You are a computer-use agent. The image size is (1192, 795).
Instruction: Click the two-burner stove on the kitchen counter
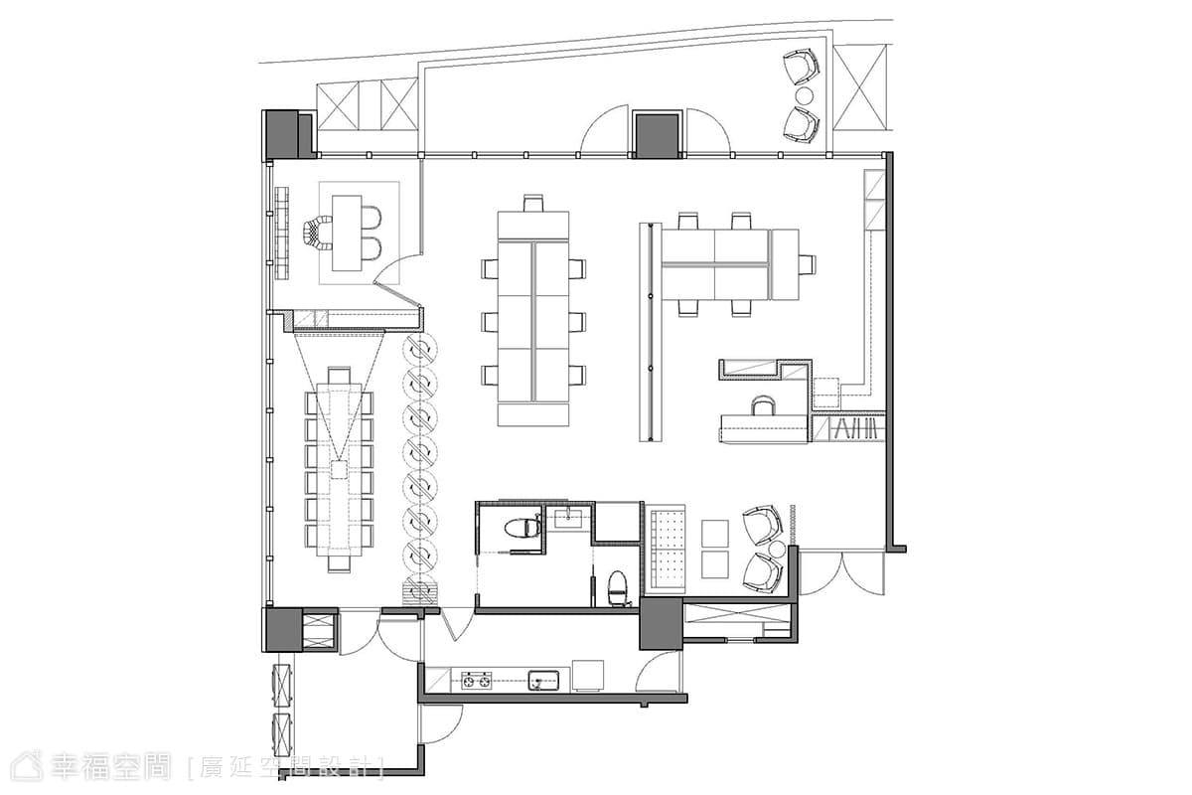(476, 681)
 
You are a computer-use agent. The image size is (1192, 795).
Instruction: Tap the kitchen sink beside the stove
(543, 681)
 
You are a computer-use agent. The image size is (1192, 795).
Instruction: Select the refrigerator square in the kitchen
(588, 676)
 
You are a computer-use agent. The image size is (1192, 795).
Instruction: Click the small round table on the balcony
(804, 95)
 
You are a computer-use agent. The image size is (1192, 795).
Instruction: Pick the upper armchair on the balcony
(801, 67)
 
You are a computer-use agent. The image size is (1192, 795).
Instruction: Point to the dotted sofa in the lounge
(666, 549)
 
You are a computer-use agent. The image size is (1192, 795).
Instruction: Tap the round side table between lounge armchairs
(778, 550)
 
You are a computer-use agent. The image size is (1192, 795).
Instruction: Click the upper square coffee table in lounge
(714, 533)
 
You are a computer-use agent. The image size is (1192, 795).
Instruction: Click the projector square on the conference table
(339, 469)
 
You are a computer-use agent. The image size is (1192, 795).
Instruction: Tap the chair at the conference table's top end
(339, 375)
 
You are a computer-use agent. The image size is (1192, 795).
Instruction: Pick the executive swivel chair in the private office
(317, 233)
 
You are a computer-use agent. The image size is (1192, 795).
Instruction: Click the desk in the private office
(347, 233)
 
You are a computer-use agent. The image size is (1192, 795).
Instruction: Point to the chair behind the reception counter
(763, 405)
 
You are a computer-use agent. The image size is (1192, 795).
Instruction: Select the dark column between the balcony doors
(658, 135)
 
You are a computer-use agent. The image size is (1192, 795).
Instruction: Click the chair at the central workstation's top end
(533, 203)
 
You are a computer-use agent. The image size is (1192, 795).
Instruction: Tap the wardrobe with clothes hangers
(848, 428)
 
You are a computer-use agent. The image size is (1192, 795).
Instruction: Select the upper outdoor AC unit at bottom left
(282, 684)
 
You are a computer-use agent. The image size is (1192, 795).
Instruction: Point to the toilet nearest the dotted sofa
(617, 588)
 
